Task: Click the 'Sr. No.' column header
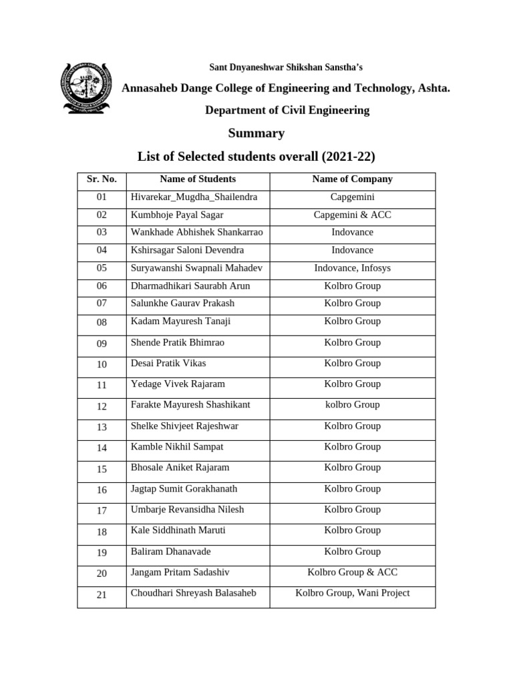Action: (x=102, y=179)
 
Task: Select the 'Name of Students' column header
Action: (x=198, y=179)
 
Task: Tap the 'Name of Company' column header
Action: (x=352, y=179)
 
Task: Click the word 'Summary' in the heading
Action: (x=256, y=133)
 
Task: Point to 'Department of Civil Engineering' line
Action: (x=287, y=110)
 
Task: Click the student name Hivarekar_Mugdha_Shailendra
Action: (x=194, y=197)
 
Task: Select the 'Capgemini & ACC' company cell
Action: (x=352, y=215)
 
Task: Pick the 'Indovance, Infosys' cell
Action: (x=352, y=268)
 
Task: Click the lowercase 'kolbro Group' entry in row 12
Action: (x=352, y=405)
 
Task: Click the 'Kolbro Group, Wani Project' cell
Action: (x=352, y=593)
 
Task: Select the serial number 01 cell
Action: (x=102, y=198)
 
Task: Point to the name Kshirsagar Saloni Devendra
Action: (x=187, y=250)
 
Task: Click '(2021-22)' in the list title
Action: (x=348, y=157)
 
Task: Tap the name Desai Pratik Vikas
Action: (x=168, y=364)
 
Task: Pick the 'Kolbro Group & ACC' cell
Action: (x=352, y=572)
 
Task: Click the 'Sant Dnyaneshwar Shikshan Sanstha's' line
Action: (x=287, y=67)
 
